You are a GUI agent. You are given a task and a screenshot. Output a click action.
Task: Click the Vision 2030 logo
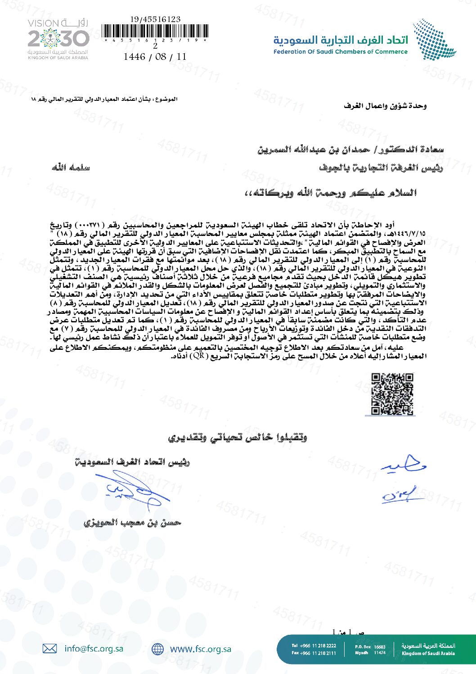point(58,39)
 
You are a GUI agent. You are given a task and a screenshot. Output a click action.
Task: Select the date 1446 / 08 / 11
point(155,57)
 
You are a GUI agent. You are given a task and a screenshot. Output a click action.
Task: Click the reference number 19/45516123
point(155,19)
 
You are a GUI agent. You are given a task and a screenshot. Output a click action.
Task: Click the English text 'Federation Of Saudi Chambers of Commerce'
point(340,52)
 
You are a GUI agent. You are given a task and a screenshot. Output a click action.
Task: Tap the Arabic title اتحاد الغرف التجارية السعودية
point(341,40)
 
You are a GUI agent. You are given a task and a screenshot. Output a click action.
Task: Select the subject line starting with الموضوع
point(104,99)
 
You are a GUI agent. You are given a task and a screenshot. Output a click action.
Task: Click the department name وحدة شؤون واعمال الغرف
point(385,106)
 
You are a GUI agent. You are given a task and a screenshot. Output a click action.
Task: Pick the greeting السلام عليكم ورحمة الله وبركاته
point(330,193)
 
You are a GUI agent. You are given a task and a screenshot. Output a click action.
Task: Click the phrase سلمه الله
point(71,168)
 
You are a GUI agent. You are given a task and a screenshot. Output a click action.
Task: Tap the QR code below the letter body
point(392,394)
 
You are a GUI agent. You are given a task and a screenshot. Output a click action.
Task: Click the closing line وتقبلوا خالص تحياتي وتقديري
point(237,438)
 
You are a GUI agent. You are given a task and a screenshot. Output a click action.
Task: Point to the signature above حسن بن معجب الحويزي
point(135,492)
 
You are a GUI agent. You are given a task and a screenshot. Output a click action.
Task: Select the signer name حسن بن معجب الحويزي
point(132,523)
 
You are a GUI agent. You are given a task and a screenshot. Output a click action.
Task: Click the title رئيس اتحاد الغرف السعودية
point(133,462)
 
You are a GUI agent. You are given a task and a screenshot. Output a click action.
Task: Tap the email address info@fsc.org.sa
point(94,649)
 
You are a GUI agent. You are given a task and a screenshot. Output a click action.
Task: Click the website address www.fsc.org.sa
point(200,649)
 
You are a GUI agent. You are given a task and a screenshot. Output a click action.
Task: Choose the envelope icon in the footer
point(49,649)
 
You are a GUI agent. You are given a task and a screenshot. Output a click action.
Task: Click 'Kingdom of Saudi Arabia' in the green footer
point(428,653)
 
